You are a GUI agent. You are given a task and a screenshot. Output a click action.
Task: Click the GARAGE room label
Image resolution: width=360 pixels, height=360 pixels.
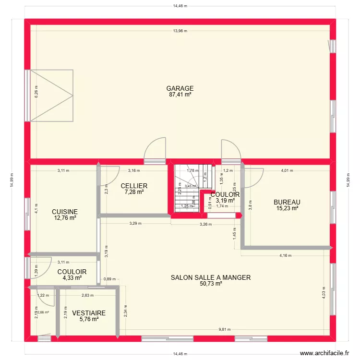click(180, 88)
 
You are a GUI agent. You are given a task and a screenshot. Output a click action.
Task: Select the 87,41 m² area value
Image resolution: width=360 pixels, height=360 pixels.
click(180, 95)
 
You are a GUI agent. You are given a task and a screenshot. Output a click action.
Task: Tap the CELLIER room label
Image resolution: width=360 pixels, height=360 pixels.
click(134, 186)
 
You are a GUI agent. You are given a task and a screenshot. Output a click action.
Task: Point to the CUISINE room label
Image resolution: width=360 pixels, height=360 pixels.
click(65, 211)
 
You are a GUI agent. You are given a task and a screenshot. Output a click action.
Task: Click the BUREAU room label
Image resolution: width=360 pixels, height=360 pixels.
click(287, 202)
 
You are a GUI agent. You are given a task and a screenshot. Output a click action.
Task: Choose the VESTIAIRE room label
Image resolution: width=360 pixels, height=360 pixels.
click(89, 313)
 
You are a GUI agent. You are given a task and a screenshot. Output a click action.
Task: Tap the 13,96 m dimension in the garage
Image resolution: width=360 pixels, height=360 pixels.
click(180, 31)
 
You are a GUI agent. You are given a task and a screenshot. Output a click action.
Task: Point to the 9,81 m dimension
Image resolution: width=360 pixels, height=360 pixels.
click(224, 329)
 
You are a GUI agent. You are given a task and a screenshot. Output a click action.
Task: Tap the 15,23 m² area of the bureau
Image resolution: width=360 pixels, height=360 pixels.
click(287, 208)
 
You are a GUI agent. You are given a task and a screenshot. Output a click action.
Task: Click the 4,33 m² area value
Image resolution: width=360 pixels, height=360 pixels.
click(72, 278)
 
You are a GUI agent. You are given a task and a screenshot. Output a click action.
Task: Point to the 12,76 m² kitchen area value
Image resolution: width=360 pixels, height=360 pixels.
click(65, 218)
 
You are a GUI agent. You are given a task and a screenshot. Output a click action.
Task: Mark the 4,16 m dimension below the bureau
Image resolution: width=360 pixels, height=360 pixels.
click(285, 255)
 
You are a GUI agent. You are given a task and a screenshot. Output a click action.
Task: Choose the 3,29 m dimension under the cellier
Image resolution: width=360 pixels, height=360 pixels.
click(135, 223)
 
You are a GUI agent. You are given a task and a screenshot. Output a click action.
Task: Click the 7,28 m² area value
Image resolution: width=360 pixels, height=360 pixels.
click(134, 192)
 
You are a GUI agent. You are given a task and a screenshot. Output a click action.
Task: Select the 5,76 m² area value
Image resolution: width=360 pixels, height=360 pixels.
click(89, 319)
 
